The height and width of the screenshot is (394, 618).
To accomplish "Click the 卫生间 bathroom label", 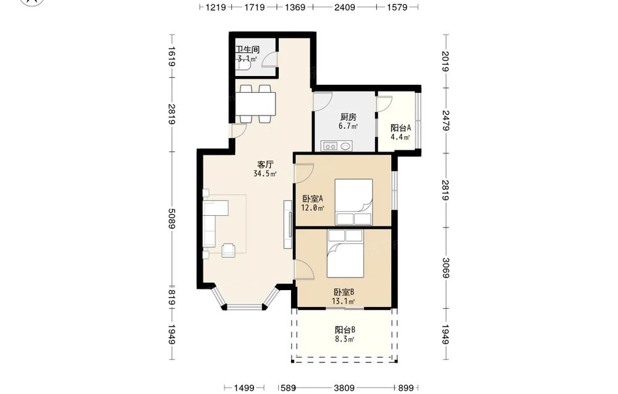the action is (x=248, y=49).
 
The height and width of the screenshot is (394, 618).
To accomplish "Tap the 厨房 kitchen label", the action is (x=349, y=117).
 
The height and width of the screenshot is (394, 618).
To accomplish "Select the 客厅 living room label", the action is (x=265, y=165).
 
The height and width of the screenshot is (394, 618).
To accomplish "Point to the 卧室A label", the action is (x=313, y=199).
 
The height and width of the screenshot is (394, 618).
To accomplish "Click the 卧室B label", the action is (x=344, y=292).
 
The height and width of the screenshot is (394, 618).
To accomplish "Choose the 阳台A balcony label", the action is (x=401, y=128).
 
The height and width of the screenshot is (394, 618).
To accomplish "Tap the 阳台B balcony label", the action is (x=345, y=330).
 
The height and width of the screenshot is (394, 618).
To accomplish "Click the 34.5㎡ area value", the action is (x=265, y=174).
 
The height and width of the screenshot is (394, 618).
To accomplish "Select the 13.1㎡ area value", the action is (x=344, y=302).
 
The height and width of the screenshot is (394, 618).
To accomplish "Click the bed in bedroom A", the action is (x=353, y=202).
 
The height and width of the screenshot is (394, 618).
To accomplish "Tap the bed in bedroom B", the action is (x=345, y=254).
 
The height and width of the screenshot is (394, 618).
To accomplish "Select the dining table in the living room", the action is (x=256, y=104).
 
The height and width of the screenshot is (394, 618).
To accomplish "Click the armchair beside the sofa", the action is (x=229, y=250).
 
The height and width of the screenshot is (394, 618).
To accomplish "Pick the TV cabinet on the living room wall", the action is (x=288, y=225).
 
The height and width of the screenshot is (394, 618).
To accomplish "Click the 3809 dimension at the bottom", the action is (x=344, y=388).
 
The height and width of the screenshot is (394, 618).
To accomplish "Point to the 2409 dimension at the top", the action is (x=345, y=7).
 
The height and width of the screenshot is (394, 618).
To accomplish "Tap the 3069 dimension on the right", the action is (x=446, y=268).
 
